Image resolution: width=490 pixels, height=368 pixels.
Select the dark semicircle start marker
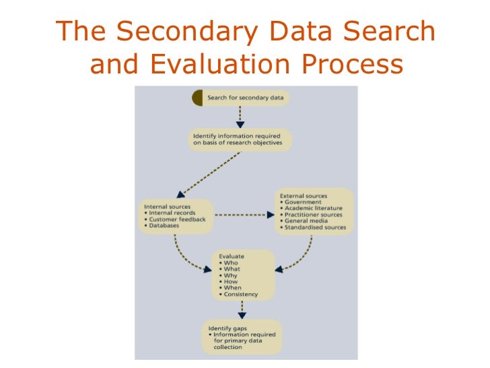click(197, 98)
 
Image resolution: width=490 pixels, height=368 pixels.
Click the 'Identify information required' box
click(240, 140)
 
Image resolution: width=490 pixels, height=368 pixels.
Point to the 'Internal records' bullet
click(172, 213)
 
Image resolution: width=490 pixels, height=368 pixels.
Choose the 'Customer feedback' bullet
click(178, 220)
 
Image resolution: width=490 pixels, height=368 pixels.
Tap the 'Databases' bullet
click(166, 226)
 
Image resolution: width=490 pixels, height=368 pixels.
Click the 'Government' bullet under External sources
click(303, 202)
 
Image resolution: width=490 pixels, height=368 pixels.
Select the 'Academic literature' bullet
click(314, 208)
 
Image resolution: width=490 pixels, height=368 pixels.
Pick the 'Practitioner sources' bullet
click(314, 215)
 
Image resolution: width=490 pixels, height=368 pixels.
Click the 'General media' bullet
click(306, 221)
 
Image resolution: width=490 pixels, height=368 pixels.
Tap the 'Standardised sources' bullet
click(315, 228)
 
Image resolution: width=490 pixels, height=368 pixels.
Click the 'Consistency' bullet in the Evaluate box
click(240, 294)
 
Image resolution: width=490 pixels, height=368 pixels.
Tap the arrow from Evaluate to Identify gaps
click(241, 309)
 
